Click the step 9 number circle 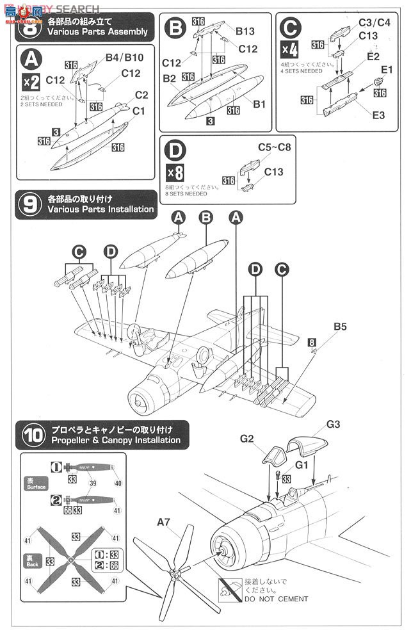(29, 204)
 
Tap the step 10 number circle (29, 435)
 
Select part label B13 (245, 30)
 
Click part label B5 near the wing (340, 327)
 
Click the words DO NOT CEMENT (275, 599)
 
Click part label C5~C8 (274, 147)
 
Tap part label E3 (378, 115)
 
